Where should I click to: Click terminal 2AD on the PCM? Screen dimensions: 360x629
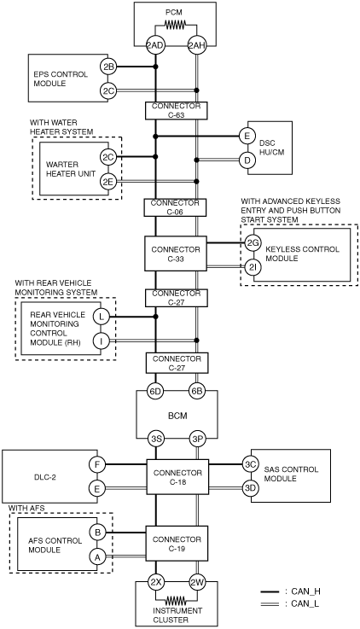coord(155,46)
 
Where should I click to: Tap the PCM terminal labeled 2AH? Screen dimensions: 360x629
coord(196,46)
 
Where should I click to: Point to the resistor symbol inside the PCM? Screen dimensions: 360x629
coord(175,26)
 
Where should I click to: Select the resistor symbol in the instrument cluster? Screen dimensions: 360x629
coord(176,601)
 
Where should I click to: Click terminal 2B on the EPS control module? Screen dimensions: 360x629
coord(108,67)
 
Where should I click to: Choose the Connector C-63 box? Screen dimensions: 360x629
coord(176,111)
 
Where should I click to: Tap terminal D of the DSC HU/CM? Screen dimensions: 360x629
coord(247,160)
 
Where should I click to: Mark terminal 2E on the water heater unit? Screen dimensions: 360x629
coord(108,182)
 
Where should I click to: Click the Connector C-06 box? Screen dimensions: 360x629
coord(175,207)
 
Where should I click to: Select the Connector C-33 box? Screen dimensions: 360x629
coord(176,253)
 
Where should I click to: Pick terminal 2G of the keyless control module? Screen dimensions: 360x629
coord(253,242)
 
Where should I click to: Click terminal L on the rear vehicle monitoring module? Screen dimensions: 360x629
coord(102,317)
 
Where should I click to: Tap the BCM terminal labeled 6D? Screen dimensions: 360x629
coord(155,391)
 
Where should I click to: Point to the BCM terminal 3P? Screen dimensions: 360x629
coord(197,440)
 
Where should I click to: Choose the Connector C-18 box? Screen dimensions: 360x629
coord(177,477)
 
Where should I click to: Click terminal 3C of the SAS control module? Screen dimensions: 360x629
coord(251,464)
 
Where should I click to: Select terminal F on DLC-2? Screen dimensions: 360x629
coord(97,465)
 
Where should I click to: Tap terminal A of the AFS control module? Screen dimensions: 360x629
coord(97,556)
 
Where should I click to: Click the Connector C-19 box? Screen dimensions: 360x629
coord(177,544)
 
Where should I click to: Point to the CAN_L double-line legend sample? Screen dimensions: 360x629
coord(270,603)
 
